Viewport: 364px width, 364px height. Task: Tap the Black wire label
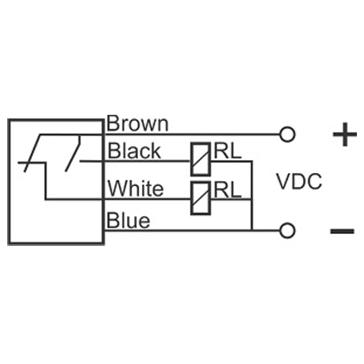[134, 150]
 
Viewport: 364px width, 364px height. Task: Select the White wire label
[135, 189]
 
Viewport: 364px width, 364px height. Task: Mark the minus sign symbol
[343, 231]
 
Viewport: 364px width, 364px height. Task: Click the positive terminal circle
[288, 133]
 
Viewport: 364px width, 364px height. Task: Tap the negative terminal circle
[288, 230]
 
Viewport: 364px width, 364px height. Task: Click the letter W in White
[116, 189]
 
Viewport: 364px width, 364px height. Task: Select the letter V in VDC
[283, 181]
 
